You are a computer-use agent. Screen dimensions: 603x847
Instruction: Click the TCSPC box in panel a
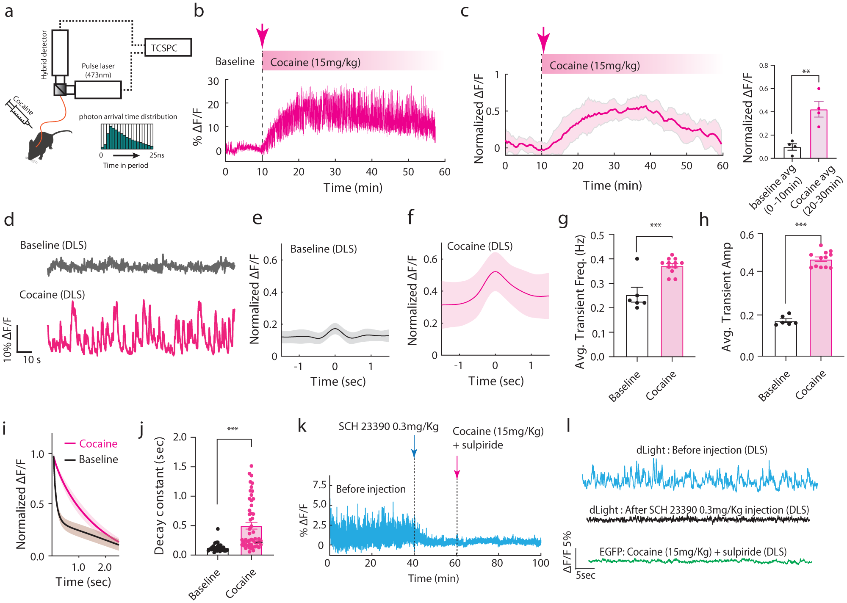pyautogui.click(x=168, y=47)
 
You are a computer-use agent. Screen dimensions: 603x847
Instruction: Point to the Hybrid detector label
pyautogui.click(x=44, y=55)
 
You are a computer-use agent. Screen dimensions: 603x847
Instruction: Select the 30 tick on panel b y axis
pyautogui.click(x=213, y=81)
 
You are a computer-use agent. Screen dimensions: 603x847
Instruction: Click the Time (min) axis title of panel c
pyautogui.click(x=612, y=185)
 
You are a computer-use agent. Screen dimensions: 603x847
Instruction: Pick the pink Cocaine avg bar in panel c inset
pyautogui.click(x=818, y=134)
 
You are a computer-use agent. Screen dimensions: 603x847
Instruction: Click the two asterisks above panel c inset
pyautogui.click(x=806, y=72)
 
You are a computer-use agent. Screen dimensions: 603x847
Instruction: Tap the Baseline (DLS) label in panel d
pyautogui.click(x=53, y=245)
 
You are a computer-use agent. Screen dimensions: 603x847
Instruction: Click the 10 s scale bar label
pyautogui.click(x=32, y=360)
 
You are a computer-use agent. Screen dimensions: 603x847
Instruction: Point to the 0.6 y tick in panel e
pyautogui.click(x=270, y=260)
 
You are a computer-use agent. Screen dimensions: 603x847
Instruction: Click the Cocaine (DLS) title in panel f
pyautogui.click(x=480, y=246)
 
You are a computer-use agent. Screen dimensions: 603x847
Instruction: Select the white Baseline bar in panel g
pyautogui.click(x=637, y=326)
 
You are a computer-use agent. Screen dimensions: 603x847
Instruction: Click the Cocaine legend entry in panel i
pyautogui.click(x=98, y=444)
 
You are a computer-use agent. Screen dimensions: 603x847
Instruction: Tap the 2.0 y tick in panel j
pyautogui.click(x=180, y=437)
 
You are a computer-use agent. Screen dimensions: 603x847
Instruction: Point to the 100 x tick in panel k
pyautogui.click(x=541, y=563)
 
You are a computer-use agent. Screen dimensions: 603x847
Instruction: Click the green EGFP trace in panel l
pyautogui.click(x=699, y=561)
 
